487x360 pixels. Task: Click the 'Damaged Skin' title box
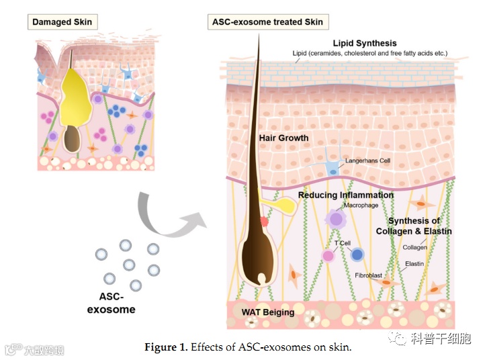tap(62, 21)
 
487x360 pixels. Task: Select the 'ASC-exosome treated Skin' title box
tap(267, 21)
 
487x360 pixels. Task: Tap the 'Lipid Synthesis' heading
tap(365, 44)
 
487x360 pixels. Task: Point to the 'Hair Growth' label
tap(283, 138)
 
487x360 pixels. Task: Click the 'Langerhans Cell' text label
tap(367, 161)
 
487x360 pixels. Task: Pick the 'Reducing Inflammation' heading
tap(345, 195)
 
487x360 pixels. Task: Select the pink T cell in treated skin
tap(328, 255)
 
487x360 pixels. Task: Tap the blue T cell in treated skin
tap(357, 255)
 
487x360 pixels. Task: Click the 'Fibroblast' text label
tap(369, 275)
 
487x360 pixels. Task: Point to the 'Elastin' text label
tap(414, 263)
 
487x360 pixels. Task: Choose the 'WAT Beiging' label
tap(268, 312)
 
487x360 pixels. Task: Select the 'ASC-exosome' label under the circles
tap(112, 304)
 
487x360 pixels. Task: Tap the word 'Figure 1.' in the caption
tap(166, 347)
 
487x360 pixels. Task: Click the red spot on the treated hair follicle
tap(264, 220)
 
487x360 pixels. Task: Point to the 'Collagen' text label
tap(414, 247)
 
